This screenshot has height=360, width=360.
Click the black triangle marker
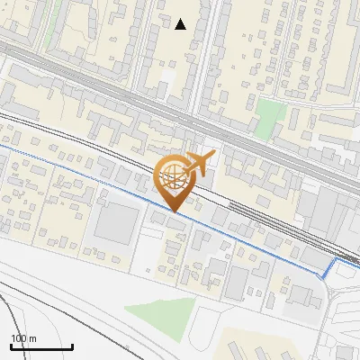181,24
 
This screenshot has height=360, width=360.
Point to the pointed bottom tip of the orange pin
173,212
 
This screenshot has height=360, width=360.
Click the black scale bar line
41,346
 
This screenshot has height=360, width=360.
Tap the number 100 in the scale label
16,338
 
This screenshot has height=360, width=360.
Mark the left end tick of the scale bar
10,346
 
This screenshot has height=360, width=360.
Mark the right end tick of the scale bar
73,346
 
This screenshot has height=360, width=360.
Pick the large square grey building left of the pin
114,222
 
